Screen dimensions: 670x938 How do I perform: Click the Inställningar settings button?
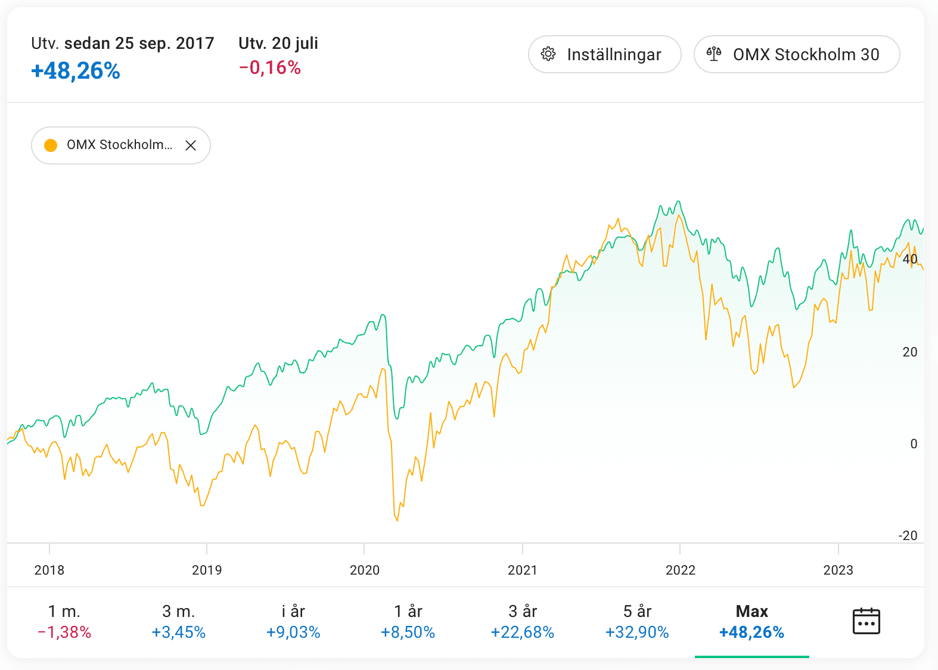(x=604, y=54)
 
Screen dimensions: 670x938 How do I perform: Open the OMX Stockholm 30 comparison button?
(x=796, y=54)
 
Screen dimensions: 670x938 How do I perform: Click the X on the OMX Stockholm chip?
(x=191, y=145)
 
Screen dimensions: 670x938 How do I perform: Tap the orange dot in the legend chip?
(x=51, y=145)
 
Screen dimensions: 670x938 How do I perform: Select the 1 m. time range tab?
(x=64, y=622)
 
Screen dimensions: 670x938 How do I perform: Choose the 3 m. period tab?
(x=179, y=622)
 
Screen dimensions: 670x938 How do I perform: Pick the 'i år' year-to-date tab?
(x=293, y=622)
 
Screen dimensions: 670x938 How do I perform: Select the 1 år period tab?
(x=408, y=622)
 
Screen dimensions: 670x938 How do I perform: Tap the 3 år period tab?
(x=523, y=622)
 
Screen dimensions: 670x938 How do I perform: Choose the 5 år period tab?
(x=637, y=622)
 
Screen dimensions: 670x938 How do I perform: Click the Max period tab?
(x=751, y=622)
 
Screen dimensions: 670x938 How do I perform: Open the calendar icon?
(x=866, y=621)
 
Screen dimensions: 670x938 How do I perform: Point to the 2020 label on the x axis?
(x=365, y=570)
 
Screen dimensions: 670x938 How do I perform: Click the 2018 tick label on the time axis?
(x=49, y=570)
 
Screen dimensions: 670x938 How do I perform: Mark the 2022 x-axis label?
(x=681, y=570)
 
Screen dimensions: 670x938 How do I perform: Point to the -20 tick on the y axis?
(x=908, y=535)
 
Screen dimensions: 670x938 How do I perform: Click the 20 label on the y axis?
(x=910, y=352)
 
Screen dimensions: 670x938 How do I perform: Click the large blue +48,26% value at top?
(x=76, y=71)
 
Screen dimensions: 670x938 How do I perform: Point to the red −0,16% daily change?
(x=270, y=68)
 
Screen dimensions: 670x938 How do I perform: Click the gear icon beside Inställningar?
(x=548, y=54)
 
